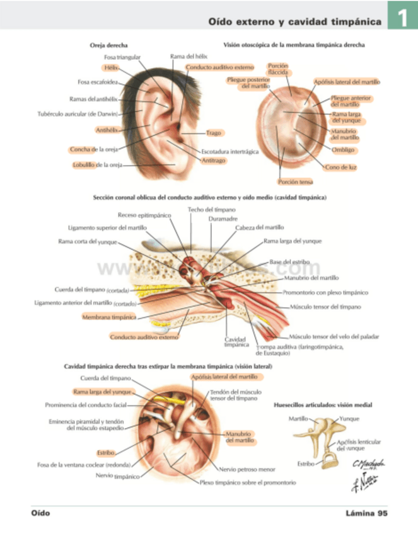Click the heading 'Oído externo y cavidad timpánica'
tap(295, 23)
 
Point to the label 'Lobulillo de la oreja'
tap(97, 165)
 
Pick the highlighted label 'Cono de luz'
tap(342, 167)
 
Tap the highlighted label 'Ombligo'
tap(344, 151)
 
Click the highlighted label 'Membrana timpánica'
tap(109, 317)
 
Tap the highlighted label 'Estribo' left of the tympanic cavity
tap(105, 452)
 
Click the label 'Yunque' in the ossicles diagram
tap(349, 418)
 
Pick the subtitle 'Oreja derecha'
tap(110, 45)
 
